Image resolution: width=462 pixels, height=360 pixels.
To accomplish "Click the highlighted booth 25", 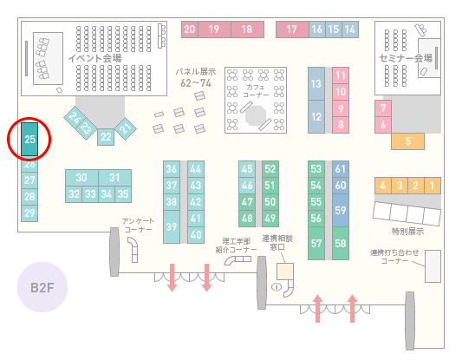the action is (x=29, y=139).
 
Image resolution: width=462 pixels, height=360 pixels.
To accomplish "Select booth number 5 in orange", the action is (x=407, y=141).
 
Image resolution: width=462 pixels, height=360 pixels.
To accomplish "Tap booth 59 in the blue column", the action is (x=341, y=210).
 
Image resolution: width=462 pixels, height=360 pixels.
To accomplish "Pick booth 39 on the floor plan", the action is (x=172, y=226).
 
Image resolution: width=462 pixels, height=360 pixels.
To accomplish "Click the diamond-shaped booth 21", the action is (x=126, y=128).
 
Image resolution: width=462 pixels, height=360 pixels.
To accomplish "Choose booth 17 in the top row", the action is (x=292, y=29).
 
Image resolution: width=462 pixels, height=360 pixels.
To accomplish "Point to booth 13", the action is (x=316, y=84).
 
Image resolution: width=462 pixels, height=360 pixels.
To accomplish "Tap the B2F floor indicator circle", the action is (x=42, y=287).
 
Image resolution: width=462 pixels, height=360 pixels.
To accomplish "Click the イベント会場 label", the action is (x=94, y=58).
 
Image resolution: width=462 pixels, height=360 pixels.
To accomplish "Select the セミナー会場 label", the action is (x=406, y=58).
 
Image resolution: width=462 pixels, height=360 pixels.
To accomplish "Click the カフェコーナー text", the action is (x=256, y=91).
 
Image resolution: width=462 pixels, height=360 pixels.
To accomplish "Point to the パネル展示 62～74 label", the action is (x=196, y=77).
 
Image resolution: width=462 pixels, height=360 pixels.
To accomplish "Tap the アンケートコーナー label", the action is (x=138, y=226).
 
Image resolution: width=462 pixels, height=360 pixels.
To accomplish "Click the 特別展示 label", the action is (x=407, y=231).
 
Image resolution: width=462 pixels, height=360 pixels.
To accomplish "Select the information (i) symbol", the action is (x=277, y=286).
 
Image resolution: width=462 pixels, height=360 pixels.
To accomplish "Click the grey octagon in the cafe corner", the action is (x=256, y=115).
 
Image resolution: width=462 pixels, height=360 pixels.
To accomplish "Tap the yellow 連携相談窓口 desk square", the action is (x=285, y=272).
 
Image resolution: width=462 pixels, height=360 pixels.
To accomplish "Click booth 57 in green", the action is (x=316, y=243).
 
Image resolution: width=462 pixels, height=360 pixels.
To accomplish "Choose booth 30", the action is (x=81, y=178).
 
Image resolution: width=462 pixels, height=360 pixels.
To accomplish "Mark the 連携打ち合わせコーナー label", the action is (x=394, y=257).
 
